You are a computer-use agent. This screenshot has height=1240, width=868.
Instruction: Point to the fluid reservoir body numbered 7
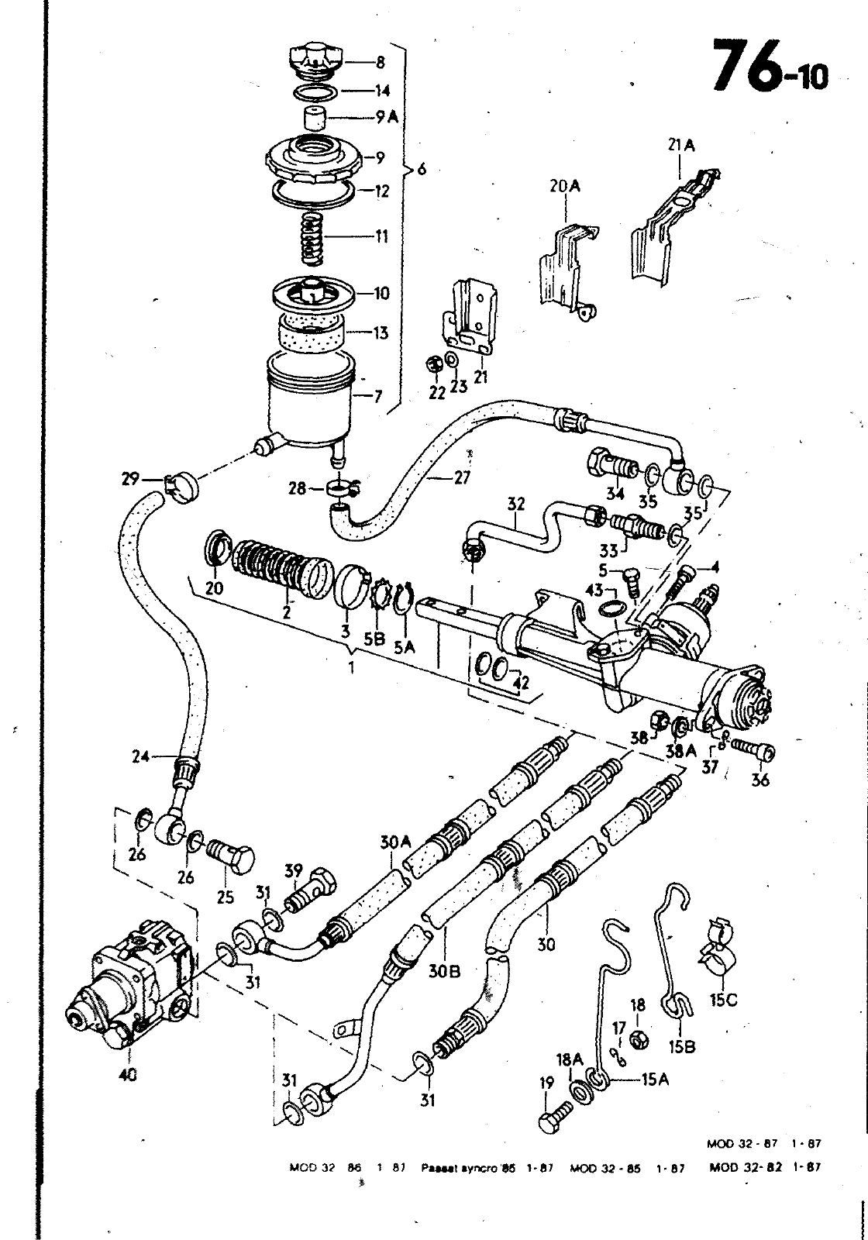[308, 403]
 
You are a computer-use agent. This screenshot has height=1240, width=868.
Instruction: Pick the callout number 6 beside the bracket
[422, 169]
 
